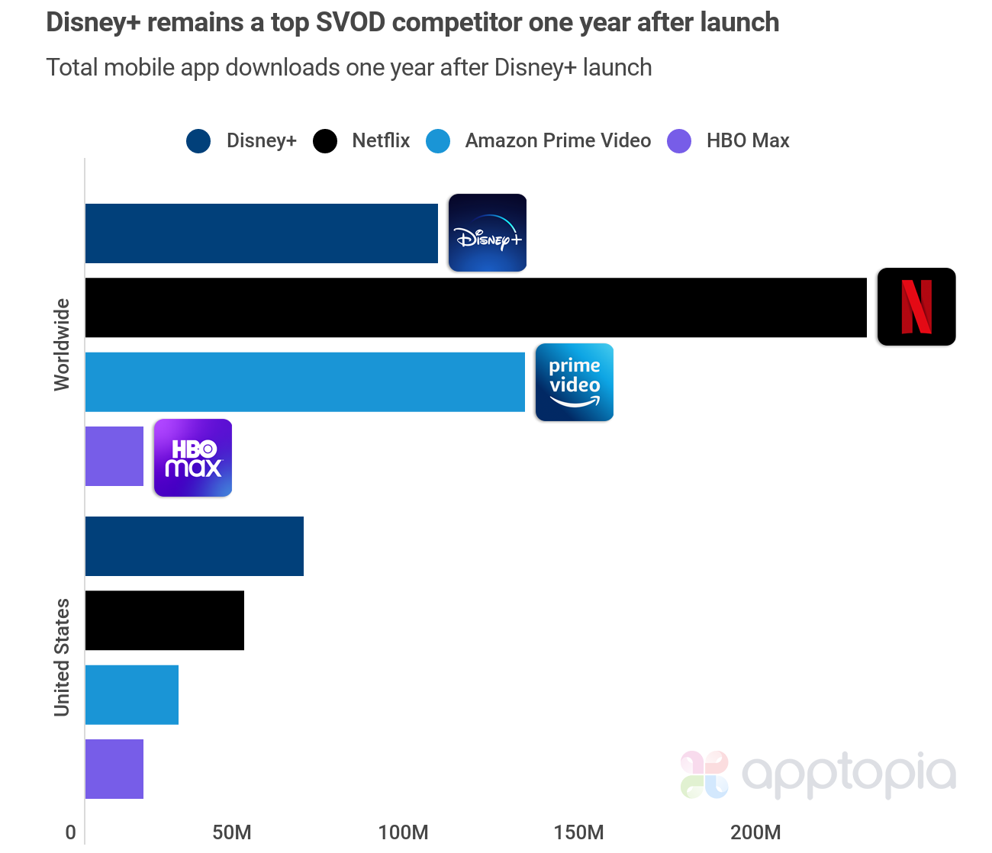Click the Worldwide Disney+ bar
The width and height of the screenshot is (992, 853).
point(261,233)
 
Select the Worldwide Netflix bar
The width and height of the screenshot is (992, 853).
point(475,307)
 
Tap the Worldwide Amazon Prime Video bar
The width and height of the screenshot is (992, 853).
point(304,382)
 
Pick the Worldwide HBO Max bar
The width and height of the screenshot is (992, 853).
point(114,456)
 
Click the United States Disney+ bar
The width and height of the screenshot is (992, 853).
point(194,546)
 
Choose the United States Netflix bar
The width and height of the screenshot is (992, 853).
point(164,620)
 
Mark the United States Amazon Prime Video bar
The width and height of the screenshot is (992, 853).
point(131,695)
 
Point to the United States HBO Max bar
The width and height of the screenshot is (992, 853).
point(114,769)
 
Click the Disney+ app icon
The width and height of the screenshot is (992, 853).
point(488,233)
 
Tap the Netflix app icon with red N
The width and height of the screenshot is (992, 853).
point(916,307)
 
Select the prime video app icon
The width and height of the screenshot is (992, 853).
point(575,382)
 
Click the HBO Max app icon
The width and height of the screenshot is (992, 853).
point(193,458)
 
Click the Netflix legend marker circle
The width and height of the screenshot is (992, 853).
point(325,141)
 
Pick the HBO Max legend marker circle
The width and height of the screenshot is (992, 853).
point(679,141)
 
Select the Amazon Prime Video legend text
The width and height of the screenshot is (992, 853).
point(558,141)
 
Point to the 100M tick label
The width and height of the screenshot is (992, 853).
point(403,832)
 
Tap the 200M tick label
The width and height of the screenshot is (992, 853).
point(755,832)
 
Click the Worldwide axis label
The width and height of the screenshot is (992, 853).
point(62,345)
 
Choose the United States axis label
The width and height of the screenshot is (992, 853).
point(62,658)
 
